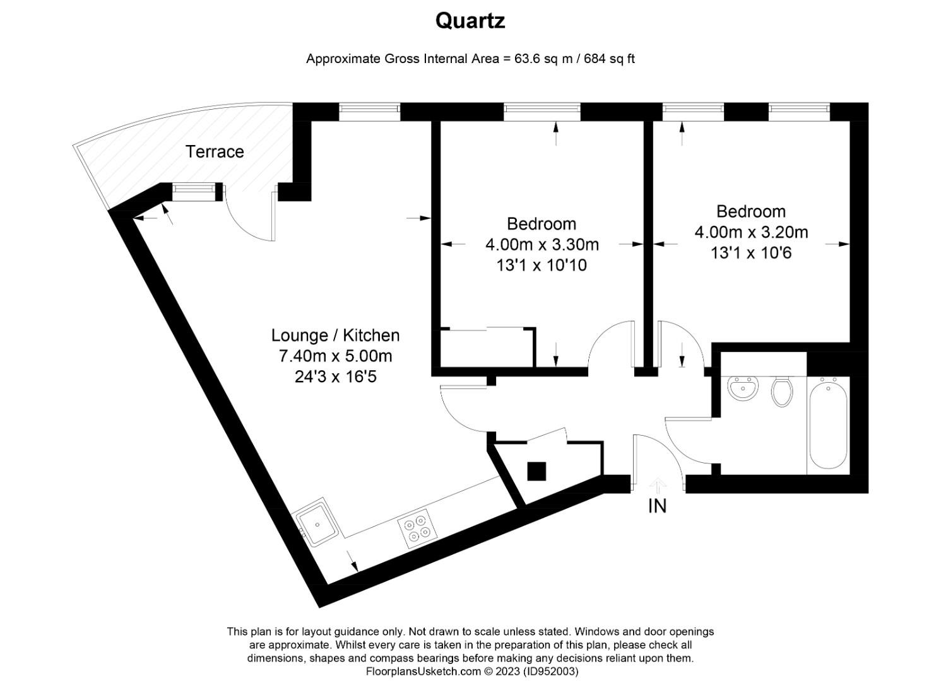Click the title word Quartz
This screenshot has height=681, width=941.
[x=470, y=21]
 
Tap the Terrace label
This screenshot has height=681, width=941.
[x=215, y=151]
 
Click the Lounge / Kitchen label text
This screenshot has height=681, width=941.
[x=335, y=335]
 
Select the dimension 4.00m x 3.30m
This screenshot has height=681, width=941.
[x=542, y=244]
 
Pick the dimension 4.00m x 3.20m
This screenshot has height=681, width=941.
[x=751, y=232]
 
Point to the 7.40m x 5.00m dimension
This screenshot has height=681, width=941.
[x=335, y=356]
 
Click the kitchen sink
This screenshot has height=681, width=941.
[x=318, y=523]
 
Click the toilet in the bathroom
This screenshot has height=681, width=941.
[x=781, y=391]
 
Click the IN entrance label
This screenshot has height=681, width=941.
[x=657, y=506]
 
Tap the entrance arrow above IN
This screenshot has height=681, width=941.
[x=658, y=484]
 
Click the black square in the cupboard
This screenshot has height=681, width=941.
[x=536, y=471]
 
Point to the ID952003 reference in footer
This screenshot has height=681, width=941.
[x=550, y=672]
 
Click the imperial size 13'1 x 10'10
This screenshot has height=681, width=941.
[x=542, y=265]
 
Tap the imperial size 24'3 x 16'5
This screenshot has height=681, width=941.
[x=335, y=377]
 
